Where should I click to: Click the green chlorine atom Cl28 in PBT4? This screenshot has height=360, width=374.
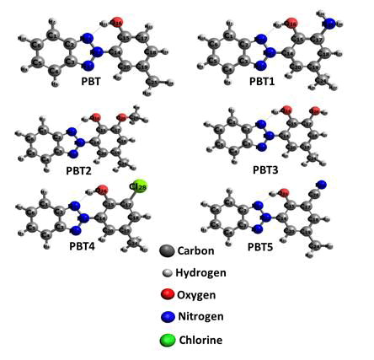click(x=140, y=186)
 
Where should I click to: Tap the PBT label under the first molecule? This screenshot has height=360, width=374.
click(x=91, y=82)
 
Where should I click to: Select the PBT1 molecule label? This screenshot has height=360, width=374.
click(x=262, y=82)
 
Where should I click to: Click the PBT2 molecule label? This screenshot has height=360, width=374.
click(x=78, y=170)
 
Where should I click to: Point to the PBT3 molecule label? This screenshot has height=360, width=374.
click(x=265, y=170)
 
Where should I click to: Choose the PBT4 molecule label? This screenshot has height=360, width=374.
click(x=83, y=246)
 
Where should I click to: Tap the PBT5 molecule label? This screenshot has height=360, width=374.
click(x=260, y=247)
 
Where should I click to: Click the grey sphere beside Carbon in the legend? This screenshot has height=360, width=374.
click(x=167, y=250)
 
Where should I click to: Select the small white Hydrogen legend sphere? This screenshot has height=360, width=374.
click(x=168, y=272)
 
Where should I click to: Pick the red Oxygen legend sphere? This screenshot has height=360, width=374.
click(x=168, y=294)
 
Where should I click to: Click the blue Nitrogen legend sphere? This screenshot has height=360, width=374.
click(x=168, y=317)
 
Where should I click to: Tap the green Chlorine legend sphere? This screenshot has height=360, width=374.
click(x=168, y=340)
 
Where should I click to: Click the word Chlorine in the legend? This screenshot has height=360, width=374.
click(x=200, y=340)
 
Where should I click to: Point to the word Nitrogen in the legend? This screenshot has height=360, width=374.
click(x=200, y=316)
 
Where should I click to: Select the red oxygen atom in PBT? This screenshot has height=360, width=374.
click(x=117, y=23)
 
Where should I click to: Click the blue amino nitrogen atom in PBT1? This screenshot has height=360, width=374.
click(x=329, y=24)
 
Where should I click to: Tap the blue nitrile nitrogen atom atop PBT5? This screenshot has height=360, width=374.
click(x=322, y=185)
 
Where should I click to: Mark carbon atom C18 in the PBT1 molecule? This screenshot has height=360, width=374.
click(x=325, y=53)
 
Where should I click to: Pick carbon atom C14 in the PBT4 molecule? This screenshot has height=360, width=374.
click(x=100, y=218)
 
